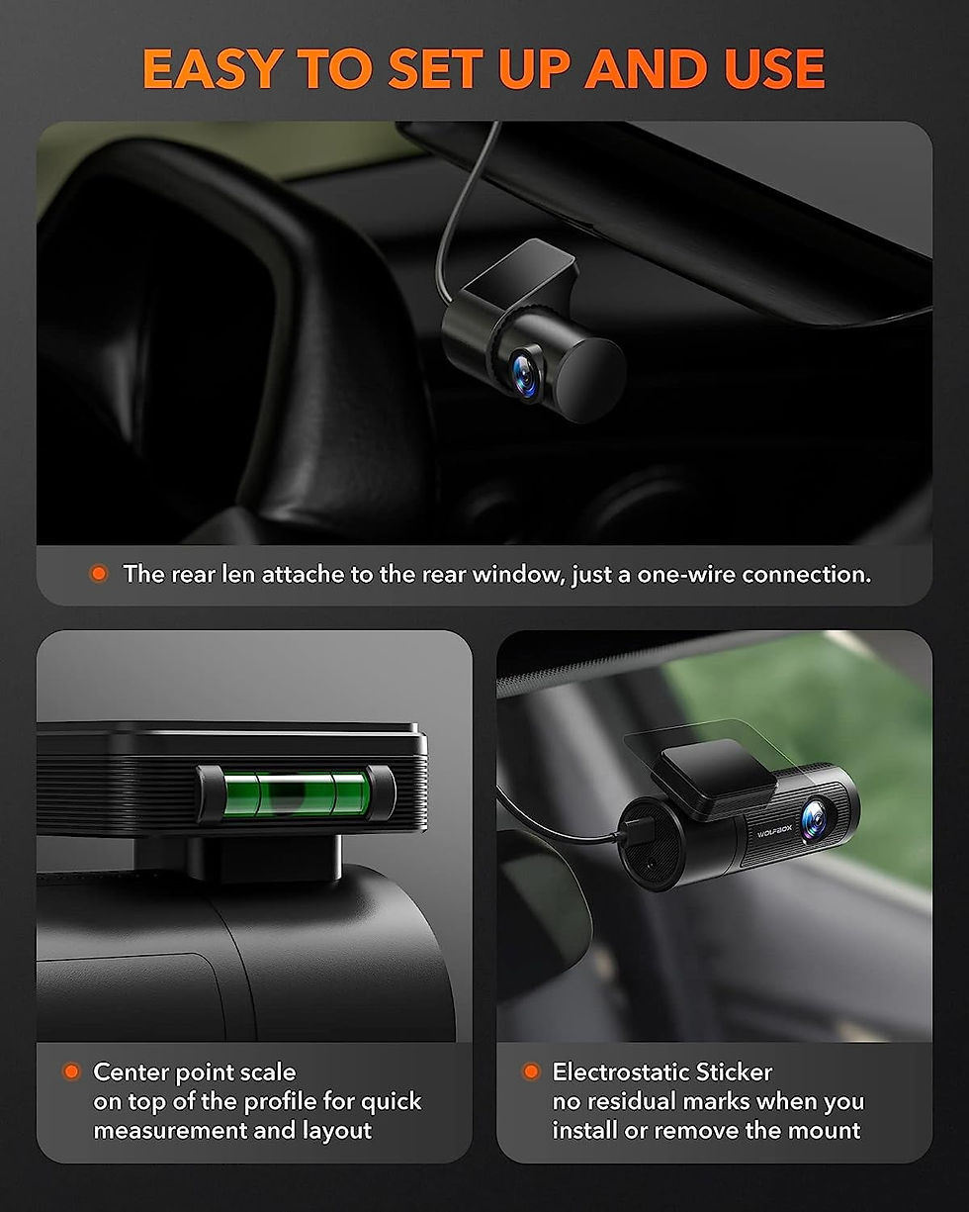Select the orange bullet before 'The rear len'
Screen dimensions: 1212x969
coord(98,574)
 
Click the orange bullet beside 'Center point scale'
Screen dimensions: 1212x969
coord(71,1072)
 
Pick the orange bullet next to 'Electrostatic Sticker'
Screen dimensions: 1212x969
coord(531,1072)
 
